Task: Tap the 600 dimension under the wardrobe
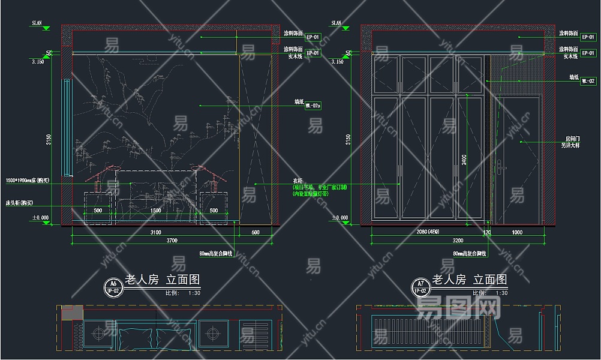coord(256,232)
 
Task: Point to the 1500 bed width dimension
coord(155,211)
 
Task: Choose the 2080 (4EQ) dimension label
coord(427,232)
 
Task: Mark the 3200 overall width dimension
coord(457,241)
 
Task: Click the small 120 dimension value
coord(488,232)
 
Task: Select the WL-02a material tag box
coord(313,106)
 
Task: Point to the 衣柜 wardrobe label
coord(298,180)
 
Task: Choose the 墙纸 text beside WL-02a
coord(299,102)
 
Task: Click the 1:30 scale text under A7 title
coord(502,293)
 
